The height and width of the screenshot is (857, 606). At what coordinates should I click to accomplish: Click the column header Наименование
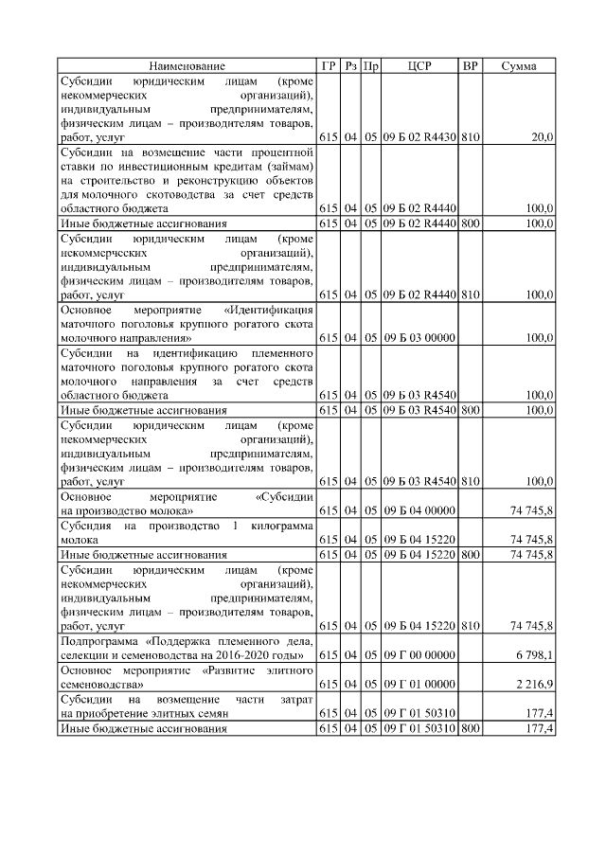point(187,66)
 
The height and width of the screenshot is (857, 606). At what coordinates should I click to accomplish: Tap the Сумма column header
point(520,66)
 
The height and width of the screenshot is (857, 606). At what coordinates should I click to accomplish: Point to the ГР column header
point(329,66)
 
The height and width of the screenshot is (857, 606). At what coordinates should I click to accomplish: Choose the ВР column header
point(470,66)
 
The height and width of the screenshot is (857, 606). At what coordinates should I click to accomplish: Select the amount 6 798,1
point(533,655)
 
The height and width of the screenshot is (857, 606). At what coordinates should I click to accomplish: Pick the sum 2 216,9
point(533,683)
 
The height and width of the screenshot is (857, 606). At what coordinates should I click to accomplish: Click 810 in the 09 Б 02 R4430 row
point(470,137)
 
